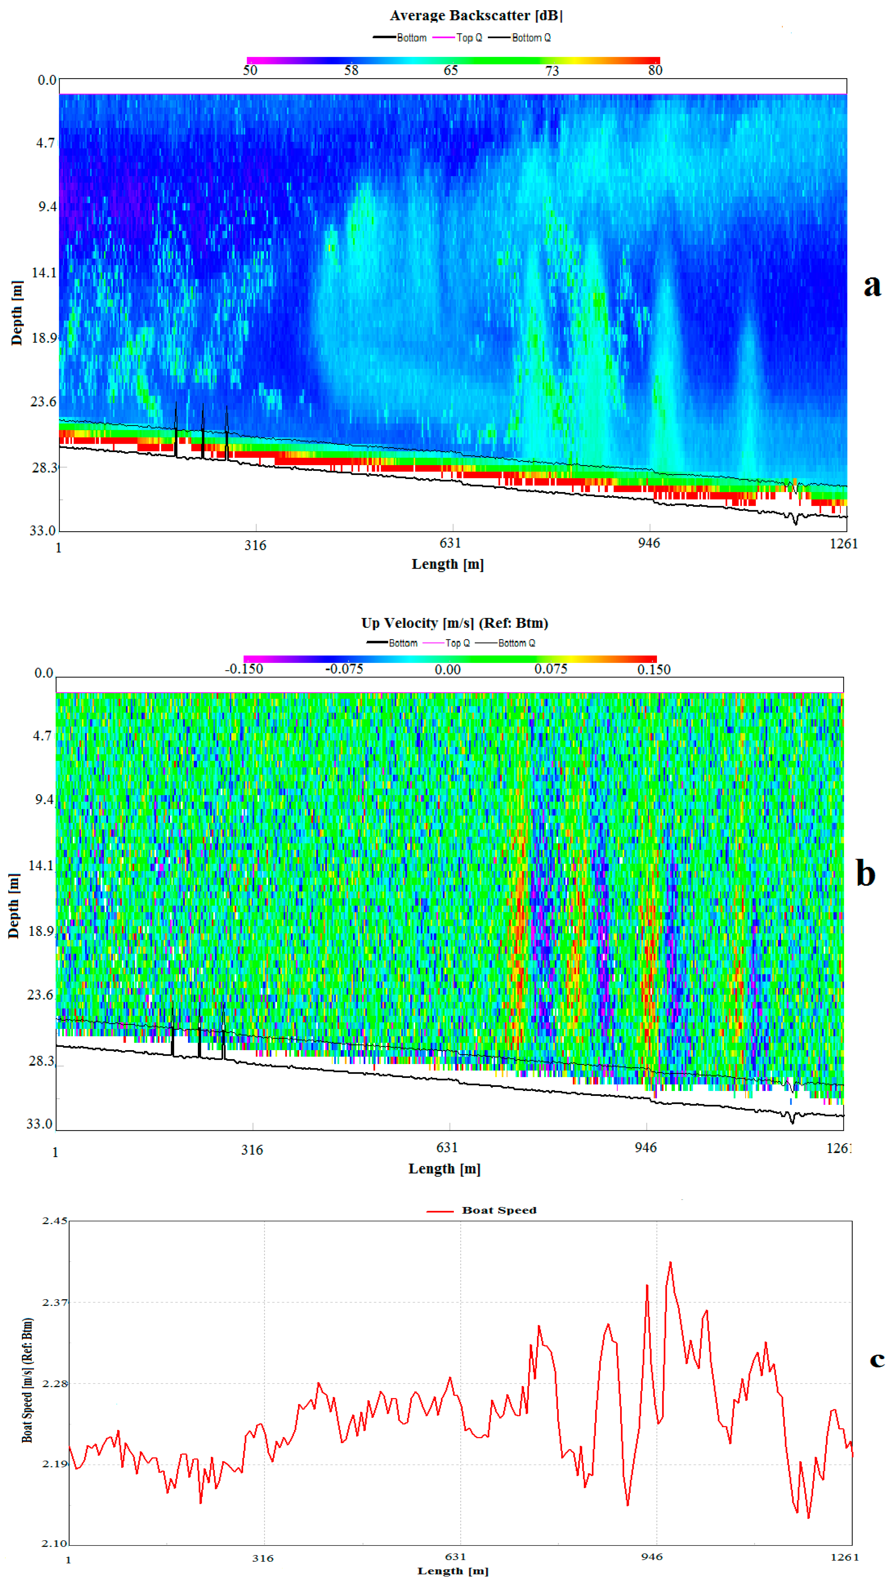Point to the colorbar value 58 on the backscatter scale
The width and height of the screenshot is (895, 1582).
tap(351, 70)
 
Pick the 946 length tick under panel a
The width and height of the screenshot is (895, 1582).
tap(649, 543)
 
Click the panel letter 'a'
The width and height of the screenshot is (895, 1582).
tap(872, 286)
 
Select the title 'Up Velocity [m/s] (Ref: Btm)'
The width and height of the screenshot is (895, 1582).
tap(454, 623)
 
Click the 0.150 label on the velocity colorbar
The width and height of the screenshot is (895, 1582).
tap(654, 669)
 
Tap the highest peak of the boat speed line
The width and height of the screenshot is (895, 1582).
tap(670, 1263)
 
